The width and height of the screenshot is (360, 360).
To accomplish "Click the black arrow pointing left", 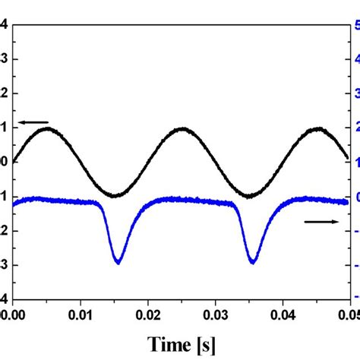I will click(34, 122).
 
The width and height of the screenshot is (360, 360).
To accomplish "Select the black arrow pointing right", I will click(321, 221).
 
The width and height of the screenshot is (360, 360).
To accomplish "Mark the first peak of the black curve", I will click(47, 128).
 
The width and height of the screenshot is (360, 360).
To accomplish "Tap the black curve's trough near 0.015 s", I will click(115, 196).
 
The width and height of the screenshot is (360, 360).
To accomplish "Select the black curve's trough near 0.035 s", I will click(250, 196).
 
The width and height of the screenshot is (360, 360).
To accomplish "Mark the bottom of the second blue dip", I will click(252, 263).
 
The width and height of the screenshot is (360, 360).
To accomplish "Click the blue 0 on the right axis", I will click(355, 197).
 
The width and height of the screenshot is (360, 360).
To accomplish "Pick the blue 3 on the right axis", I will click(355, 93).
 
